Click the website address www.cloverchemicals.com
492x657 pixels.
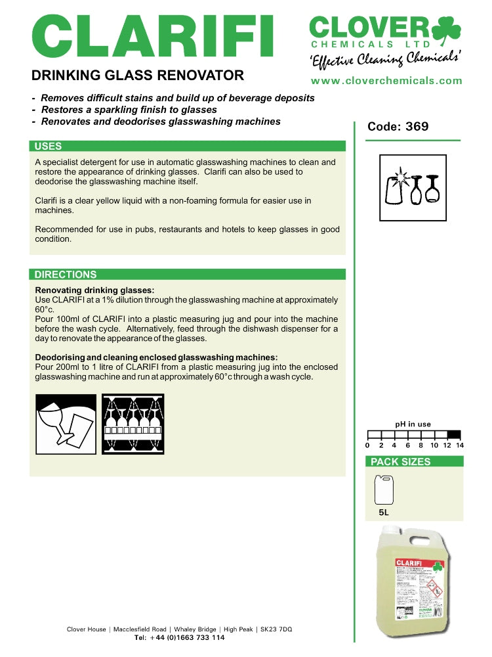point(386,81)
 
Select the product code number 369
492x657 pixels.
point(417,126)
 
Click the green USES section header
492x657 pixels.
point(188,146)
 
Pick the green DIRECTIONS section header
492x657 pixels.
point(188,274)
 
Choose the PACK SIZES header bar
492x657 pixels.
point(414,461)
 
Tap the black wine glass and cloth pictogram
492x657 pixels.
point(66,424)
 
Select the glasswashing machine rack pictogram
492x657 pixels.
point(133,424)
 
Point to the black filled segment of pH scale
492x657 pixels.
point(453,434)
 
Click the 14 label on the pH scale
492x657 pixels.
point(460,445)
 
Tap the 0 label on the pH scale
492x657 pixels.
point(367,445)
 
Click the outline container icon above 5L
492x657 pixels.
point(384,490)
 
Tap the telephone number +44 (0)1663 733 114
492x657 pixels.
point(179,637)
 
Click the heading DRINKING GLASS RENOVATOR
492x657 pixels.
point(138,75)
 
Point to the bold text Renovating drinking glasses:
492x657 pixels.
point(94,290)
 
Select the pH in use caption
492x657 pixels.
point(413,424)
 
